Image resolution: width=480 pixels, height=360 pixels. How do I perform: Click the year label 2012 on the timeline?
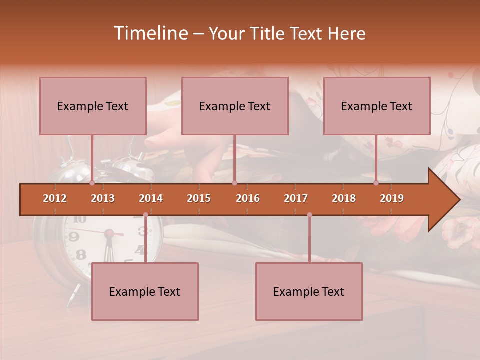click(x=55, y=198)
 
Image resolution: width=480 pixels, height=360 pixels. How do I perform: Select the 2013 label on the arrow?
click(x=103, y=198)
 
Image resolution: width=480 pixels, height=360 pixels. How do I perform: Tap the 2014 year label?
click(x=151, y=198)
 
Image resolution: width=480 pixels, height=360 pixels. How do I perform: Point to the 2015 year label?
click(x=199, y=198)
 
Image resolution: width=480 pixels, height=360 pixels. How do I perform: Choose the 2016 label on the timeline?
click(x=248, y=198)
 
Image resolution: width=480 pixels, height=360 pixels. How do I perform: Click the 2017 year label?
click(x=296, y=198)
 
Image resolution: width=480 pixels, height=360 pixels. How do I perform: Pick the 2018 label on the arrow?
click(x=344, y=198)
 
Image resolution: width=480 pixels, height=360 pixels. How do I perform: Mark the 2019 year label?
click(x=392, y=198)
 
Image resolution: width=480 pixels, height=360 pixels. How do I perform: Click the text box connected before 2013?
click(x=93, y=106)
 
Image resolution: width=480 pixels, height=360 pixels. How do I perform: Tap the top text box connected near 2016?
click(x=235, y=106)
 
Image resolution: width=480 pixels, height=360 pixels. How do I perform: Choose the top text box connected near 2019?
click(x=377, y=106)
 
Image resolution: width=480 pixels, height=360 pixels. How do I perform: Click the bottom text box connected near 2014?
click(x=145, y=291)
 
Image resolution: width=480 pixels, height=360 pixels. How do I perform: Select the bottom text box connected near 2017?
click(x=309, y=291)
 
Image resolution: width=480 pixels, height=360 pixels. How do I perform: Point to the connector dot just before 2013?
click(x=92, y=183)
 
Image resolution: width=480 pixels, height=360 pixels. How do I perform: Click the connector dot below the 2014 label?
click(x=145, y=215)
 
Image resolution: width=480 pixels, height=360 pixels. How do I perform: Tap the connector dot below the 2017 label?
click(x=309, y=215)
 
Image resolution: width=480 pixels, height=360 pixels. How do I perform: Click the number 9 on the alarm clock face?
click(x=74, y=237)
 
